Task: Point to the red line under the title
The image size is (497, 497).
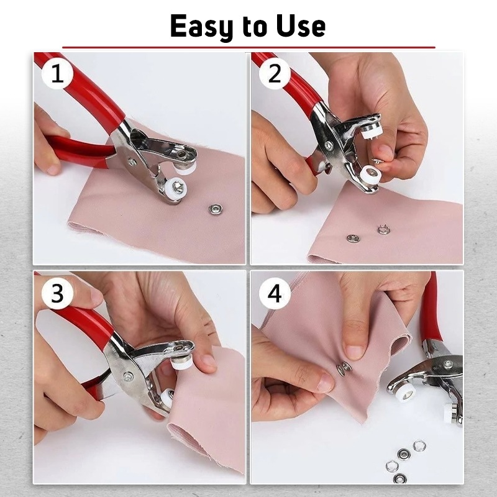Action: [x=248, y=47]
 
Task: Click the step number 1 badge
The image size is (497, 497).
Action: [x=57, y=75]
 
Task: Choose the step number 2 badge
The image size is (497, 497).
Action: [x=275, y=75]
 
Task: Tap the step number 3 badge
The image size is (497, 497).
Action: [x=57, y=293]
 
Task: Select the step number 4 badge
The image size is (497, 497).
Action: [x=275, y=293]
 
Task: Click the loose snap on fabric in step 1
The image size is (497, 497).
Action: [x=216, y=209]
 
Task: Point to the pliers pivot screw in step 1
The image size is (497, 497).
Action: [x=132, y=162]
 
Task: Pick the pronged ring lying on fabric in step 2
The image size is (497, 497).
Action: [x=383, y=230]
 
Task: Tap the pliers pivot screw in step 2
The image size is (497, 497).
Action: [x=328, y=145]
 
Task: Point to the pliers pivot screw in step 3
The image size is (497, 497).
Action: [x=128, y=376]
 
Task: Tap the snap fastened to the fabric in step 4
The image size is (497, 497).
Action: [x=344, y=368]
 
